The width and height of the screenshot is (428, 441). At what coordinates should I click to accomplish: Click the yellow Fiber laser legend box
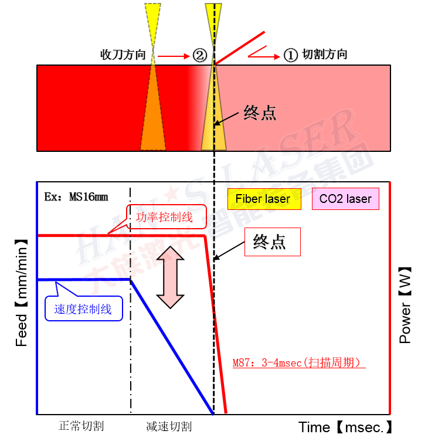[x=263, y=199]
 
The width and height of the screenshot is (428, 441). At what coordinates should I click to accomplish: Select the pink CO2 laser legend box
[x=345, y=199]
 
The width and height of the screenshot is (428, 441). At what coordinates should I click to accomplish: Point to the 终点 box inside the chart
[x=272, y=242]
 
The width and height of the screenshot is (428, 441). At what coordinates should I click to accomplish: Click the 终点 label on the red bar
[x=260, y=113]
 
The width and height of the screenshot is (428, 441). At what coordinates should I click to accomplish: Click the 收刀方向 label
[x=123, y=55]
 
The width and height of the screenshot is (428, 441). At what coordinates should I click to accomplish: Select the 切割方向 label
[x=324, y=55]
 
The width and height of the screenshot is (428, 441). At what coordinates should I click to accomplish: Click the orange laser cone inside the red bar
[x=154, y=117]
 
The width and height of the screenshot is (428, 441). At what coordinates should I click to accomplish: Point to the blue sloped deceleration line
[x=172, y=346]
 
